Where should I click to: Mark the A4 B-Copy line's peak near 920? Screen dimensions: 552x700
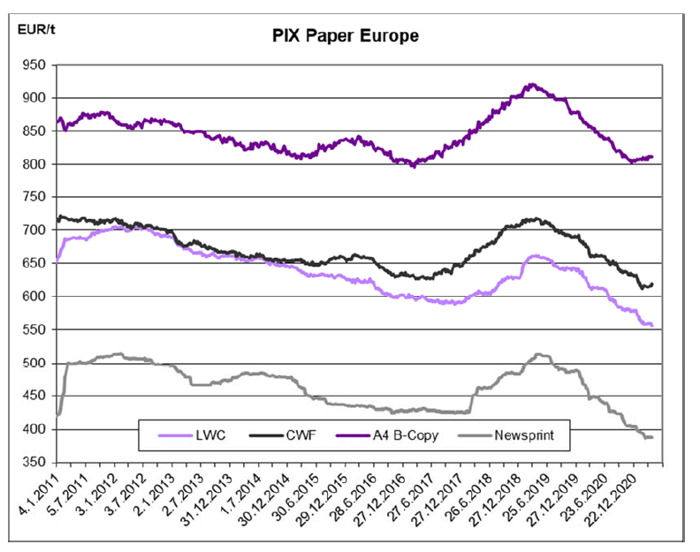(530, 85)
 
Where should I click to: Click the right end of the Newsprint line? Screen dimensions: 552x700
(652, 437)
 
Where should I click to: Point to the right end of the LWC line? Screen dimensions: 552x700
(652, 326)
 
